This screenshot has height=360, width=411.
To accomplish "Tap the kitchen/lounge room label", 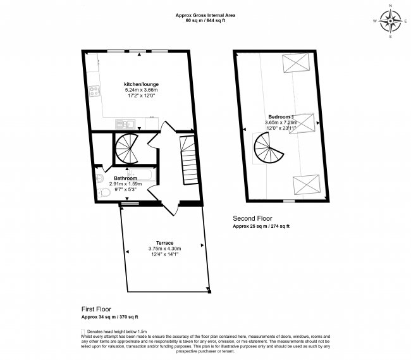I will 141,84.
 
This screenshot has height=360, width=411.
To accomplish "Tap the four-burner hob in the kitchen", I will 95,91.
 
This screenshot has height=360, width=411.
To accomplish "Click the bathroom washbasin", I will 101,178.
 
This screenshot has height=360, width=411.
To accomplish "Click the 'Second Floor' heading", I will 250,218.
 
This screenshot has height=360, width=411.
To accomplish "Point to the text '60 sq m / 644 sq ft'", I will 205,21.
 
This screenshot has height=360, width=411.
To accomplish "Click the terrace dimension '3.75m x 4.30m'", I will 161,249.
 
